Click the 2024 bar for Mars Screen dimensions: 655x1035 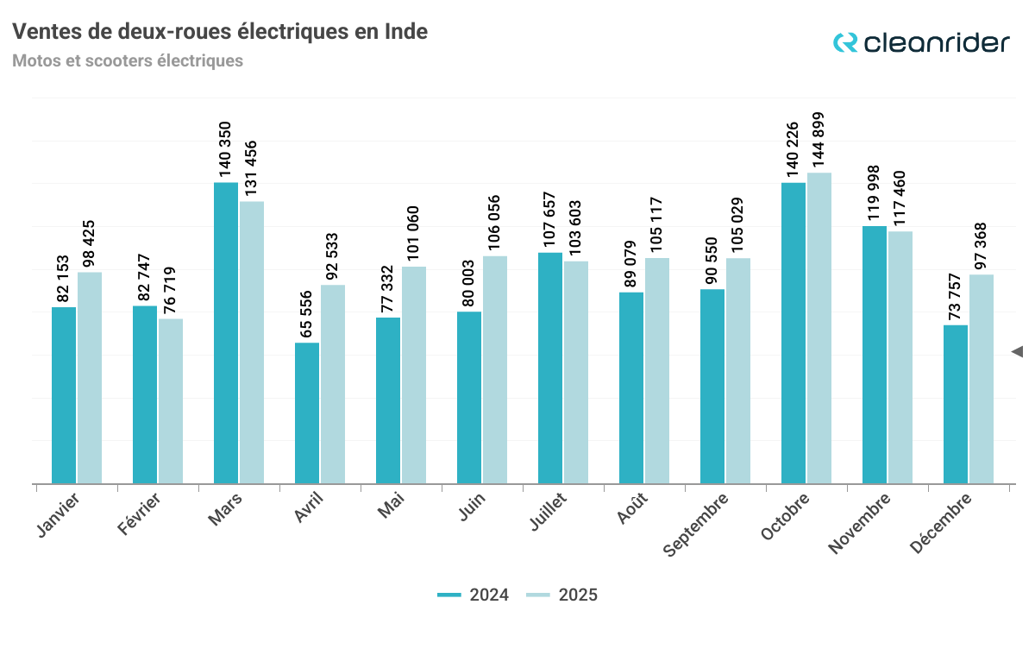click(x=226, y=333)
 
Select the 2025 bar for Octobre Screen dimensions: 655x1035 click(x=819, y=328)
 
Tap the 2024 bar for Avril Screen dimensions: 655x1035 click(x=307, y=413)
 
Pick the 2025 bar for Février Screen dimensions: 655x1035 click(x=171, y=401)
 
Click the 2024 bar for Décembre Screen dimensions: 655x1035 click(x=956, y=404)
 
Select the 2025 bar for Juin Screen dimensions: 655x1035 click(x=495, y=369)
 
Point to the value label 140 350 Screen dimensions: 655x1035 click(x=226, y=148)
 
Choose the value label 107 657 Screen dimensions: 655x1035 click(x=550, y=219)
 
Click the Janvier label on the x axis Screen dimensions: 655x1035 click(x=60, y=515)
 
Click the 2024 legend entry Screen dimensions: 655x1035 click(x=474, y=595)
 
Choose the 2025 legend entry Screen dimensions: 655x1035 click(x=562, y=595)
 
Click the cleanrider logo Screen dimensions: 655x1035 click(x=920, y=42)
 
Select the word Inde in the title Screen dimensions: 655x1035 click(x=405, y=32)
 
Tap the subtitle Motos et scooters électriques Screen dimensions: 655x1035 click(x=128, y=61)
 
